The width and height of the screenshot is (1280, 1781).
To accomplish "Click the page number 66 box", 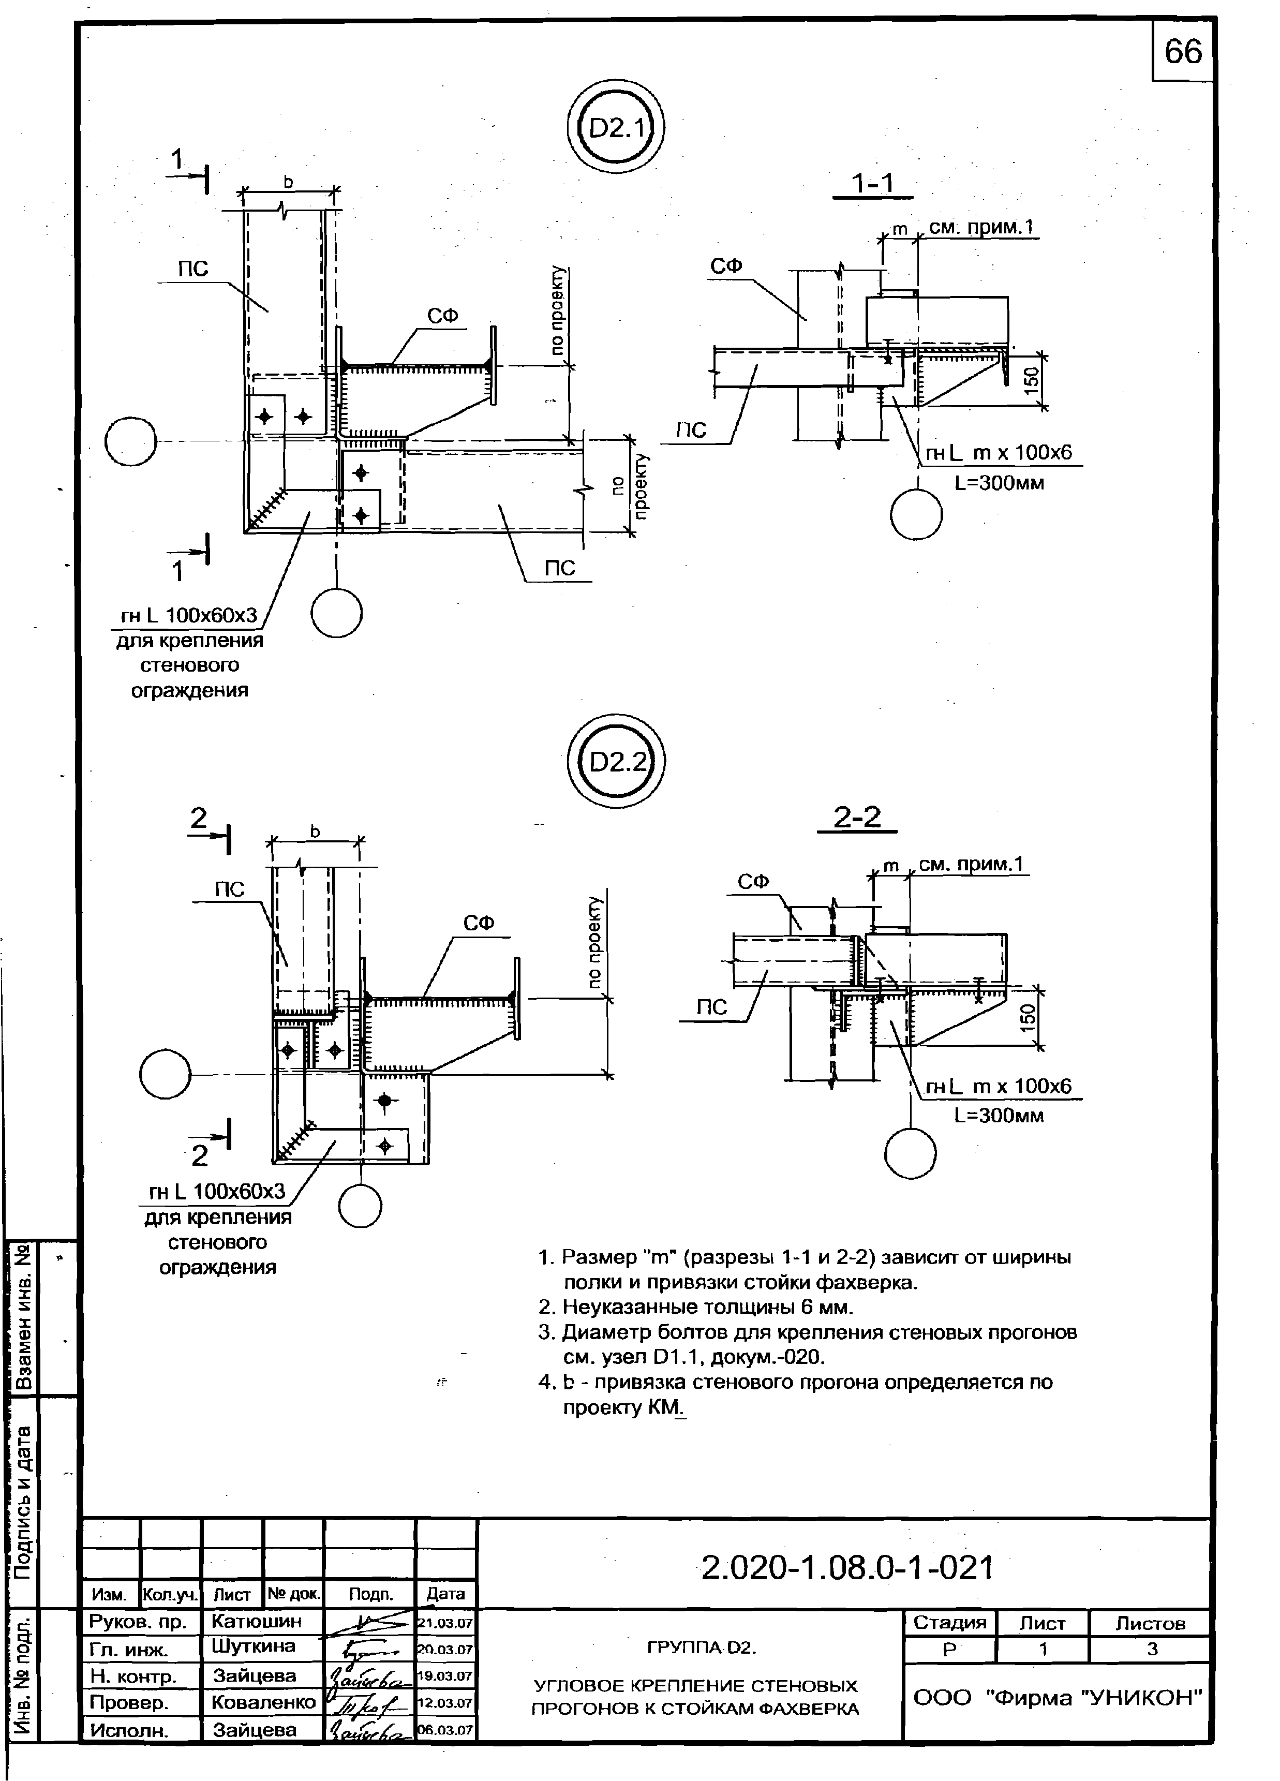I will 1183,51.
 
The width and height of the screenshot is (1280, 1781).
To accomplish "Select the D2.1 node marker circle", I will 616,128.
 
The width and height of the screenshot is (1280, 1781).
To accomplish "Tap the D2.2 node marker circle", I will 616,762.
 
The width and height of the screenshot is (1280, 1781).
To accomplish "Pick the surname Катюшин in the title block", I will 256,1621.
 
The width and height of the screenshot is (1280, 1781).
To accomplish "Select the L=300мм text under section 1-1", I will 999,482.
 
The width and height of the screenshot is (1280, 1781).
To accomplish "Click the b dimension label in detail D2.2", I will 315,831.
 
